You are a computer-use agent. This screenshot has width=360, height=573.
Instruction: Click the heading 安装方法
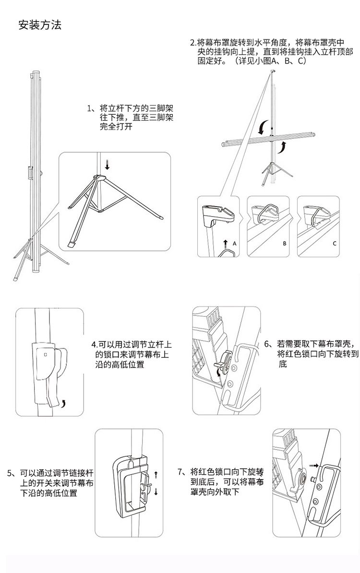[40, 25]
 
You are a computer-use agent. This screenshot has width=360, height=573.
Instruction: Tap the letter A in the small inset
[234, 244]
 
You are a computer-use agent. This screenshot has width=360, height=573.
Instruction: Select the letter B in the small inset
[285, 244]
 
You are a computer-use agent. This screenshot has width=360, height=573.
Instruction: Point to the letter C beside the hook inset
[335, 244]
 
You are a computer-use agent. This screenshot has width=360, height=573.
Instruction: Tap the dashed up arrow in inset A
[226, 244]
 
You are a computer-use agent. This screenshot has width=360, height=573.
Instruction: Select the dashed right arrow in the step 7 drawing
[314, 465]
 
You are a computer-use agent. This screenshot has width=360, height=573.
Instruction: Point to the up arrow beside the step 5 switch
[156, 475]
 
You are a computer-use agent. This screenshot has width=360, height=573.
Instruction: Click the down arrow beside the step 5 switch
[156, 491]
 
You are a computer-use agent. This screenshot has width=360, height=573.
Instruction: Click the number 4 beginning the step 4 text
[94, 344]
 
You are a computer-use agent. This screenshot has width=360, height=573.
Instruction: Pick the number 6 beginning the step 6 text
[266, 344]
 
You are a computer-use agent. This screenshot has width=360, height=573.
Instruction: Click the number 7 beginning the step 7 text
[180, 472]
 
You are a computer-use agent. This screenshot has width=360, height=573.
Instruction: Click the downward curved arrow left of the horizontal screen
[262, 128]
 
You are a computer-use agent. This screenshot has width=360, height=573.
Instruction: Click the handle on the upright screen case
[30, 173]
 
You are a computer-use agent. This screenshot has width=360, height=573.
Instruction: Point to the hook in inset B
[267, 214]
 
